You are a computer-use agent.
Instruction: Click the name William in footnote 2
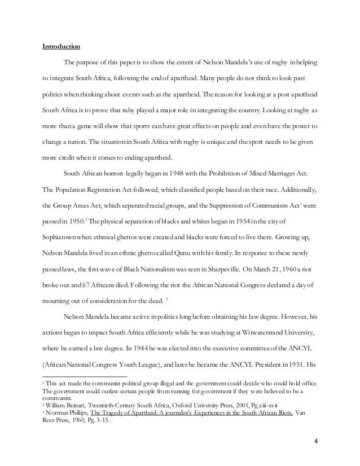click(x=58, y=405)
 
